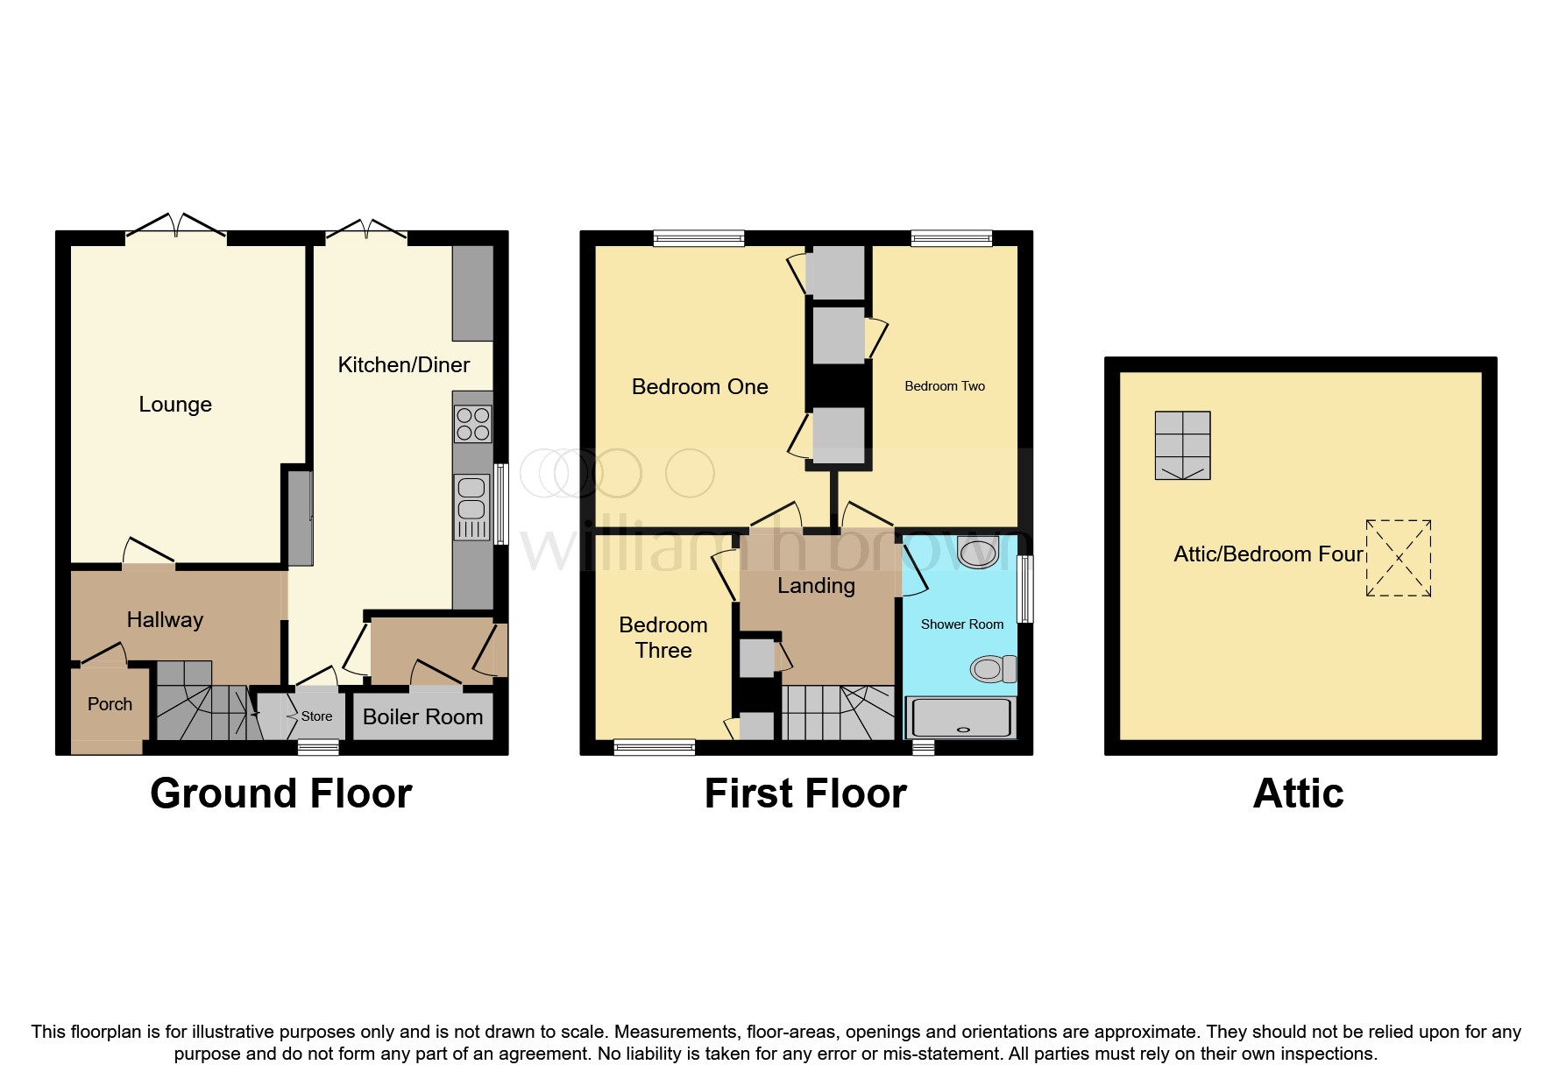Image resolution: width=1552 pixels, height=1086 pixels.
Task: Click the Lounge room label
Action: (x=175, y=405)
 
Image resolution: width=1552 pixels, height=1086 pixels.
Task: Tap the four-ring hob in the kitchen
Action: (x=472, y=425)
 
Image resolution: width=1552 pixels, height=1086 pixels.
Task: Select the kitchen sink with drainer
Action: (x=471, y=507)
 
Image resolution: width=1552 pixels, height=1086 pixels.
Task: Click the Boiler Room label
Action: (x=422, y=717)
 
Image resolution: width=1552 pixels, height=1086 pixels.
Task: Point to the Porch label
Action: (x=110, y=704)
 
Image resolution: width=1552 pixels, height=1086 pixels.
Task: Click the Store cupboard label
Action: (x=316, y=716)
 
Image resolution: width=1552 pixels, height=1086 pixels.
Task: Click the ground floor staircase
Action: (x=205, y=706)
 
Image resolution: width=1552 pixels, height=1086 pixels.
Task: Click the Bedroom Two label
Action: (x=945, y=386)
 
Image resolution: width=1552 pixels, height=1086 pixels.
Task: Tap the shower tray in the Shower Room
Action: (x=961, y=719)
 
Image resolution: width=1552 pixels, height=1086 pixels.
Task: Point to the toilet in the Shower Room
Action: (x=993, y=670)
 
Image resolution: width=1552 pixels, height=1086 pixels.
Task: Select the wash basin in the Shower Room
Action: (x=979, y=552)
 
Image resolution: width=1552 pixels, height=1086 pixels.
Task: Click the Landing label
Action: (x=816, y=586)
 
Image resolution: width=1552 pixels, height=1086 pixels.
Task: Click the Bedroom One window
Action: (x=698, y=237)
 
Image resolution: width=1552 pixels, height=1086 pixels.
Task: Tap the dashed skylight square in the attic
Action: (x=1398, y=559)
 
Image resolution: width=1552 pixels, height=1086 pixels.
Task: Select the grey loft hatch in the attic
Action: (x=1182, y=446)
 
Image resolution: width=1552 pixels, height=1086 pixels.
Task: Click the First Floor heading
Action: (x=805, y=793)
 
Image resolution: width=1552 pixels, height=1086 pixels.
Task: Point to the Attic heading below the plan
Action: (x=1298, y=793)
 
